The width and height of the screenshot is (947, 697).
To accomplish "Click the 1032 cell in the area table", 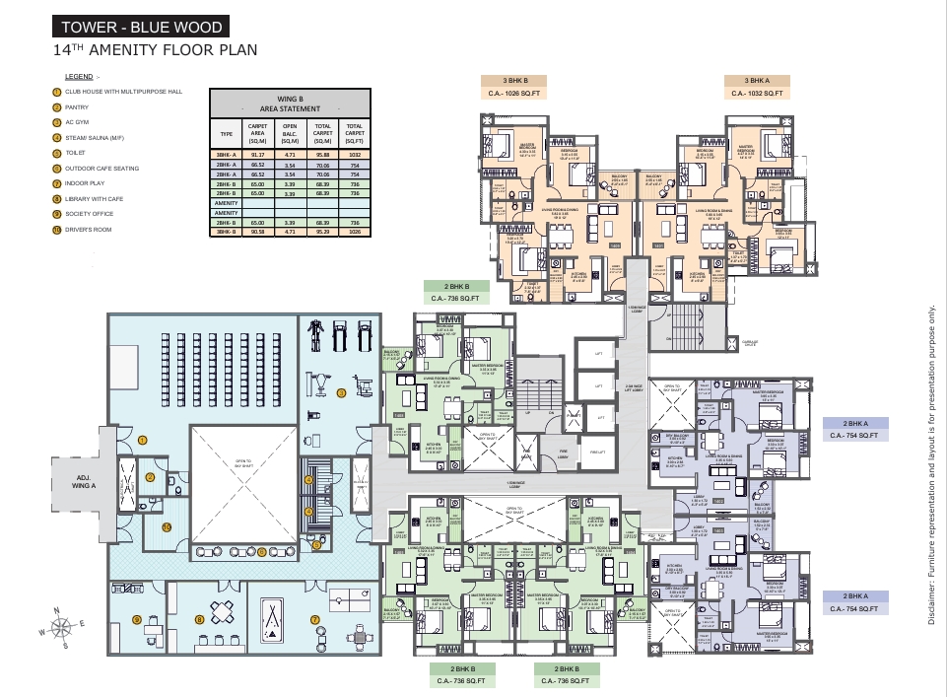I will [x=354, y=155].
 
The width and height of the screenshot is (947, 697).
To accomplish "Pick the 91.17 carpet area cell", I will [x=258, y=155].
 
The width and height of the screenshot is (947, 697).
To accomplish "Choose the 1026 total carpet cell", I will [x=354, y=233].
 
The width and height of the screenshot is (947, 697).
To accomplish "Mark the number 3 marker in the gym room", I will [x=341, y=392].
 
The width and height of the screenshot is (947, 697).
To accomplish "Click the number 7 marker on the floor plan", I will [x=315, y=619].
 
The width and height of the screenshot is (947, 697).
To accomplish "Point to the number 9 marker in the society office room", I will [x=137, y=620].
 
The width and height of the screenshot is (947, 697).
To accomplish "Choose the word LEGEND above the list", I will [x=78, y=76].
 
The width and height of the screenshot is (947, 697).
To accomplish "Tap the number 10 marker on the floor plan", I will [x=167, y=527].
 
